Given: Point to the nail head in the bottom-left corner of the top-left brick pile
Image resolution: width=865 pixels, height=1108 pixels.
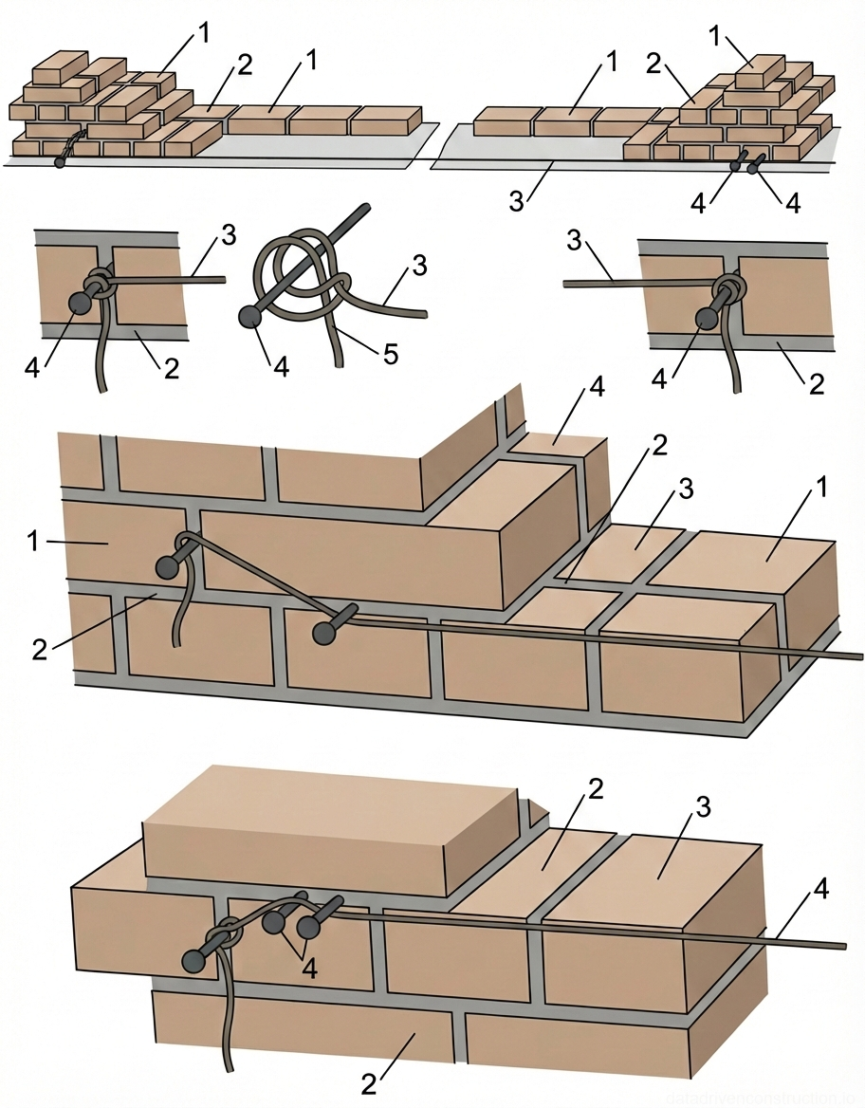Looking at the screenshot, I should tap(61, 162).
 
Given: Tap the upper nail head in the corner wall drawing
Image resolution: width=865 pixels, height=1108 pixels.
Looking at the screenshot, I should tap(169, 567).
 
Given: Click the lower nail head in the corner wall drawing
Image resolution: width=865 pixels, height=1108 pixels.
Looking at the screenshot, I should tap(325, 630).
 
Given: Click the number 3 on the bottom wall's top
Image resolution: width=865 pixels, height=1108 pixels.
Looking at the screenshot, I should tap(703, 807).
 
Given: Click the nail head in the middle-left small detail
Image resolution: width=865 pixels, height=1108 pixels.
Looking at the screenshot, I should tap(79, 304).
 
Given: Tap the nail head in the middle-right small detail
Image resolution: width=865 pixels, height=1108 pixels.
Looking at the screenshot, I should tap(706, 318).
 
